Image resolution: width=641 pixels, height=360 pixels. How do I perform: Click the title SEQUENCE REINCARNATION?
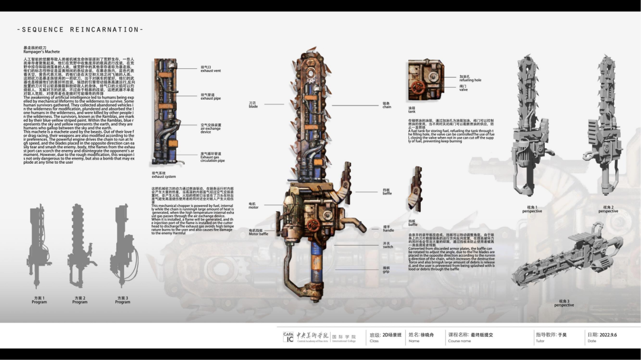80,29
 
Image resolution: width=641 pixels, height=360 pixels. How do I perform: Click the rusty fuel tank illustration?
425,80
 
